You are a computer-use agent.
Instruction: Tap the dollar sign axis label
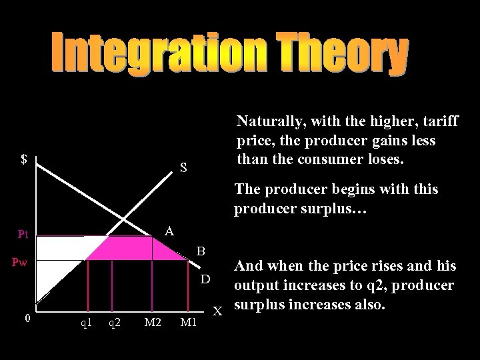pos(24,159)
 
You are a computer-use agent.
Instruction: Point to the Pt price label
pos(23,235)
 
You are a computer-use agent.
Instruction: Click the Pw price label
pos(19,262)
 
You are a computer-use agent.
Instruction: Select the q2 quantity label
pos(115,323)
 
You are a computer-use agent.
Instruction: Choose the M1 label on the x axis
pos(189,323)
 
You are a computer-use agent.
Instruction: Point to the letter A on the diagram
pos(169,231)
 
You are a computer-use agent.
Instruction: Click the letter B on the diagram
pos(200,252)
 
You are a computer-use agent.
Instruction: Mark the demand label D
pos(206,277)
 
